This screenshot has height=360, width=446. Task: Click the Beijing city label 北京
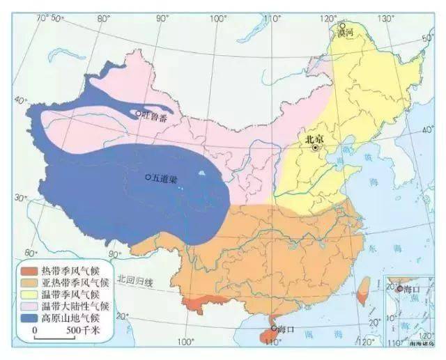click(315, 139)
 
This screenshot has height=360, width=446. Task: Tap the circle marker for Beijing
click(316, 148)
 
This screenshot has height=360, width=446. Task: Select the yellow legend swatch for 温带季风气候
click(29, 295)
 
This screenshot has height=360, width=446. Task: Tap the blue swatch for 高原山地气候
click(29, 318)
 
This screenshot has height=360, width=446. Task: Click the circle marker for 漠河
click(341, 24)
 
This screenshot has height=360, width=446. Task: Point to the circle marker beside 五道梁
click(148, 178)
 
